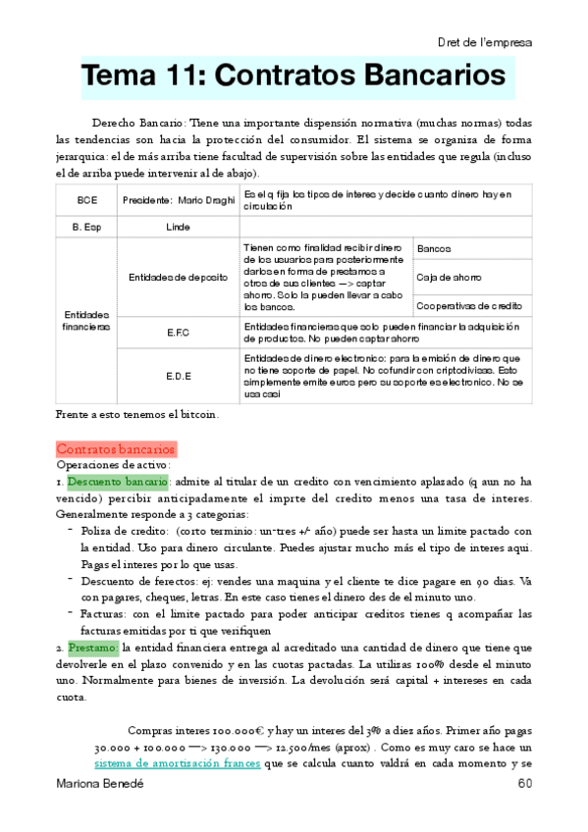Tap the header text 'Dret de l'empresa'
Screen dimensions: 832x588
(x=485, y=42)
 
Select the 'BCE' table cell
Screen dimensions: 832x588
(x=86, y=200)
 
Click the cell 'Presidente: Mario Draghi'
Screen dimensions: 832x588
(x=178, y=200)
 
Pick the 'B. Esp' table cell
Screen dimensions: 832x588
(x=86, y=227)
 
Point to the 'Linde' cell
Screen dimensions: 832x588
(x=178, y=227)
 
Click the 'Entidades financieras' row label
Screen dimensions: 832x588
(x=86, y=320)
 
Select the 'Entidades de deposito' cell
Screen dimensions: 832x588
(x=178, y=278)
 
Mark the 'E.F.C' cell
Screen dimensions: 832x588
(x=178, y=333)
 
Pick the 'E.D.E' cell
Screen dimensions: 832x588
(x=178, y=375)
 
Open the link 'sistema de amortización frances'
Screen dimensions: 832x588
(x=177, y=763)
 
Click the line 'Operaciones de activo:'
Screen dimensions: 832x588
(x=114, y=465)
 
